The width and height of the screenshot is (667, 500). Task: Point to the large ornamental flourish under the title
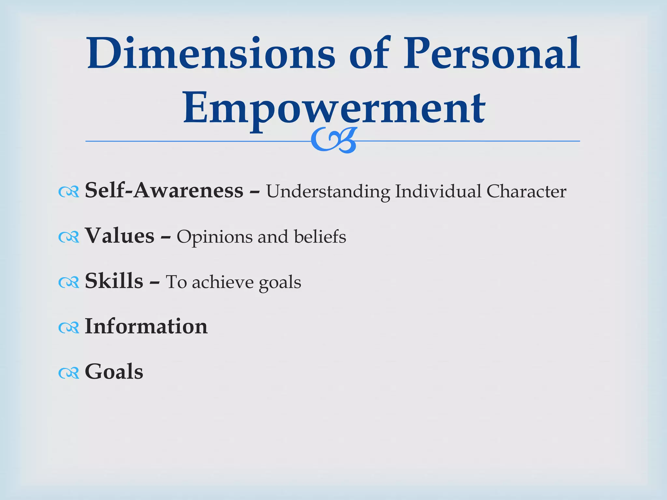coord(334,140)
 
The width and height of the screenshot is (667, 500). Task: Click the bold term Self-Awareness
coord(164,190)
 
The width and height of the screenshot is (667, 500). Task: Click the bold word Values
coord(120,236)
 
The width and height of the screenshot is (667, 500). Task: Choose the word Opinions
coord(214,237)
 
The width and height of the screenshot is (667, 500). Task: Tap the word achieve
coord(222,282)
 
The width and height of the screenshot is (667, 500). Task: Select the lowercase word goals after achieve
coord(280,283)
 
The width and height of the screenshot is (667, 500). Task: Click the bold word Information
coord(146,326)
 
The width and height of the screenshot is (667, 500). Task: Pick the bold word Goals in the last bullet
coord(114,372)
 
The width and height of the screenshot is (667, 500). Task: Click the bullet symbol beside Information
coord(69,328)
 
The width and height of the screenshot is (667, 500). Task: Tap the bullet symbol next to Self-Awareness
coord(69,192)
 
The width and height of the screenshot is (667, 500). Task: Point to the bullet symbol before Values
coord(69,237)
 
